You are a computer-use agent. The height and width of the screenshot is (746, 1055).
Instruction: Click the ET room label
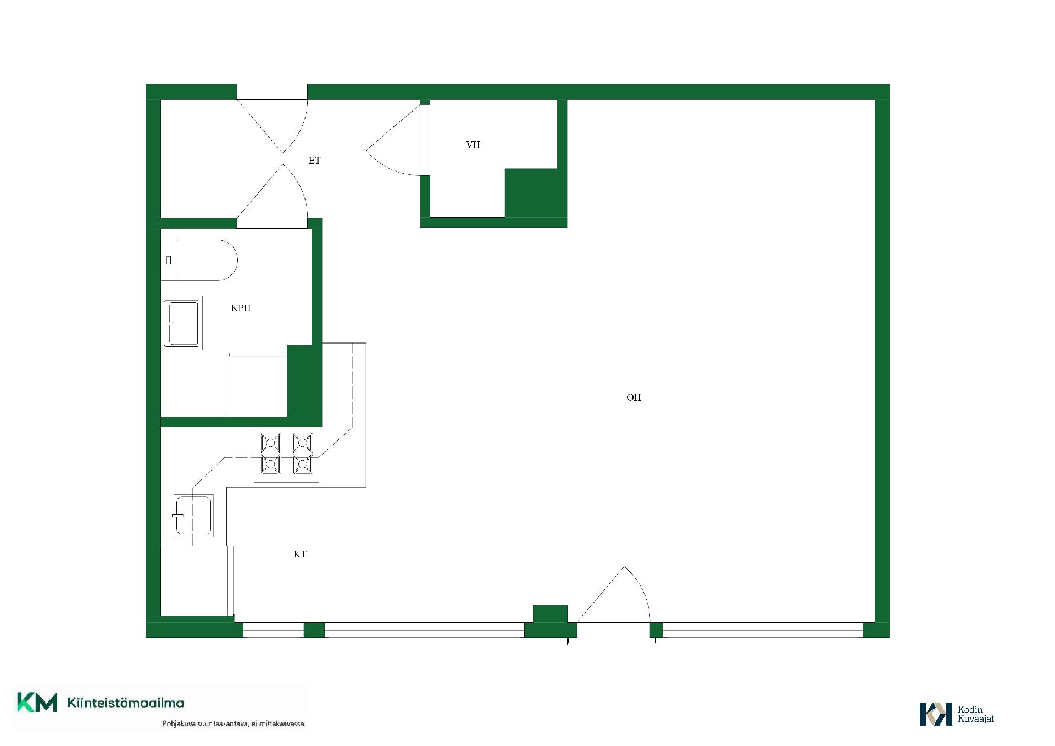(x=314, y=161)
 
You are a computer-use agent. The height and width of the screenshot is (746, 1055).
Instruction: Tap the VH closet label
(x=473, y=145)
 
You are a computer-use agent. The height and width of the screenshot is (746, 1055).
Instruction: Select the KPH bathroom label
(x=241, y=308)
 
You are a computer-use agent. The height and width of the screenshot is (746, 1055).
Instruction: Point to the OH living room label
(x=634, y=397)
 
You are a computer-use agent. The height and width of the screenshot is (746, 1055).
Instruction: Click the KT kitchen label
(x=299, y=554)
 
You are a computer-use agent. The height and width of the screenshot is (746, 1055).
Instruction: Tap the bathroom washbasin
(x=182, y=323)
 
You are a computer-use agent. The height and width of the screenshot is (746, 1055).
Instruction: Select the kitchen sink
(x=193, y=516)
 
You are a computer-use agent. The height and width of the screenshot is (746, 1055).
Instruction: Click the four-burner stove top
(x=286, y=456)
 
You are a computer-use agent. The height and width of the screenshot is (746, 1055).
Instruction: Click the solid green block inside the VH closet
(x=531, y=193)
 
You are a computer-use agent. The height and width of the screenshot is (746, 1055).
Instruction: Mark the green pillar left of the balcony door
(x=550, y=614)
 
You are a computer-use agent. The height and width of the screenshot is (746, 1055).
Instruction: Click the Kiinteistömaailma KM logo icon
(x=37, y=703)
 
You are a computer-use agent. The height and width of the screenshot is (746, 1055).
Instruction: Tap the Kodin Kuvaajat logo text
(x=976, y=714)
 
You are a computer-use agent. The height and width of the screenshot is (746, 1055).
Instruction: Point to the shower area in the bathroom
(x=256, y=385)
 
